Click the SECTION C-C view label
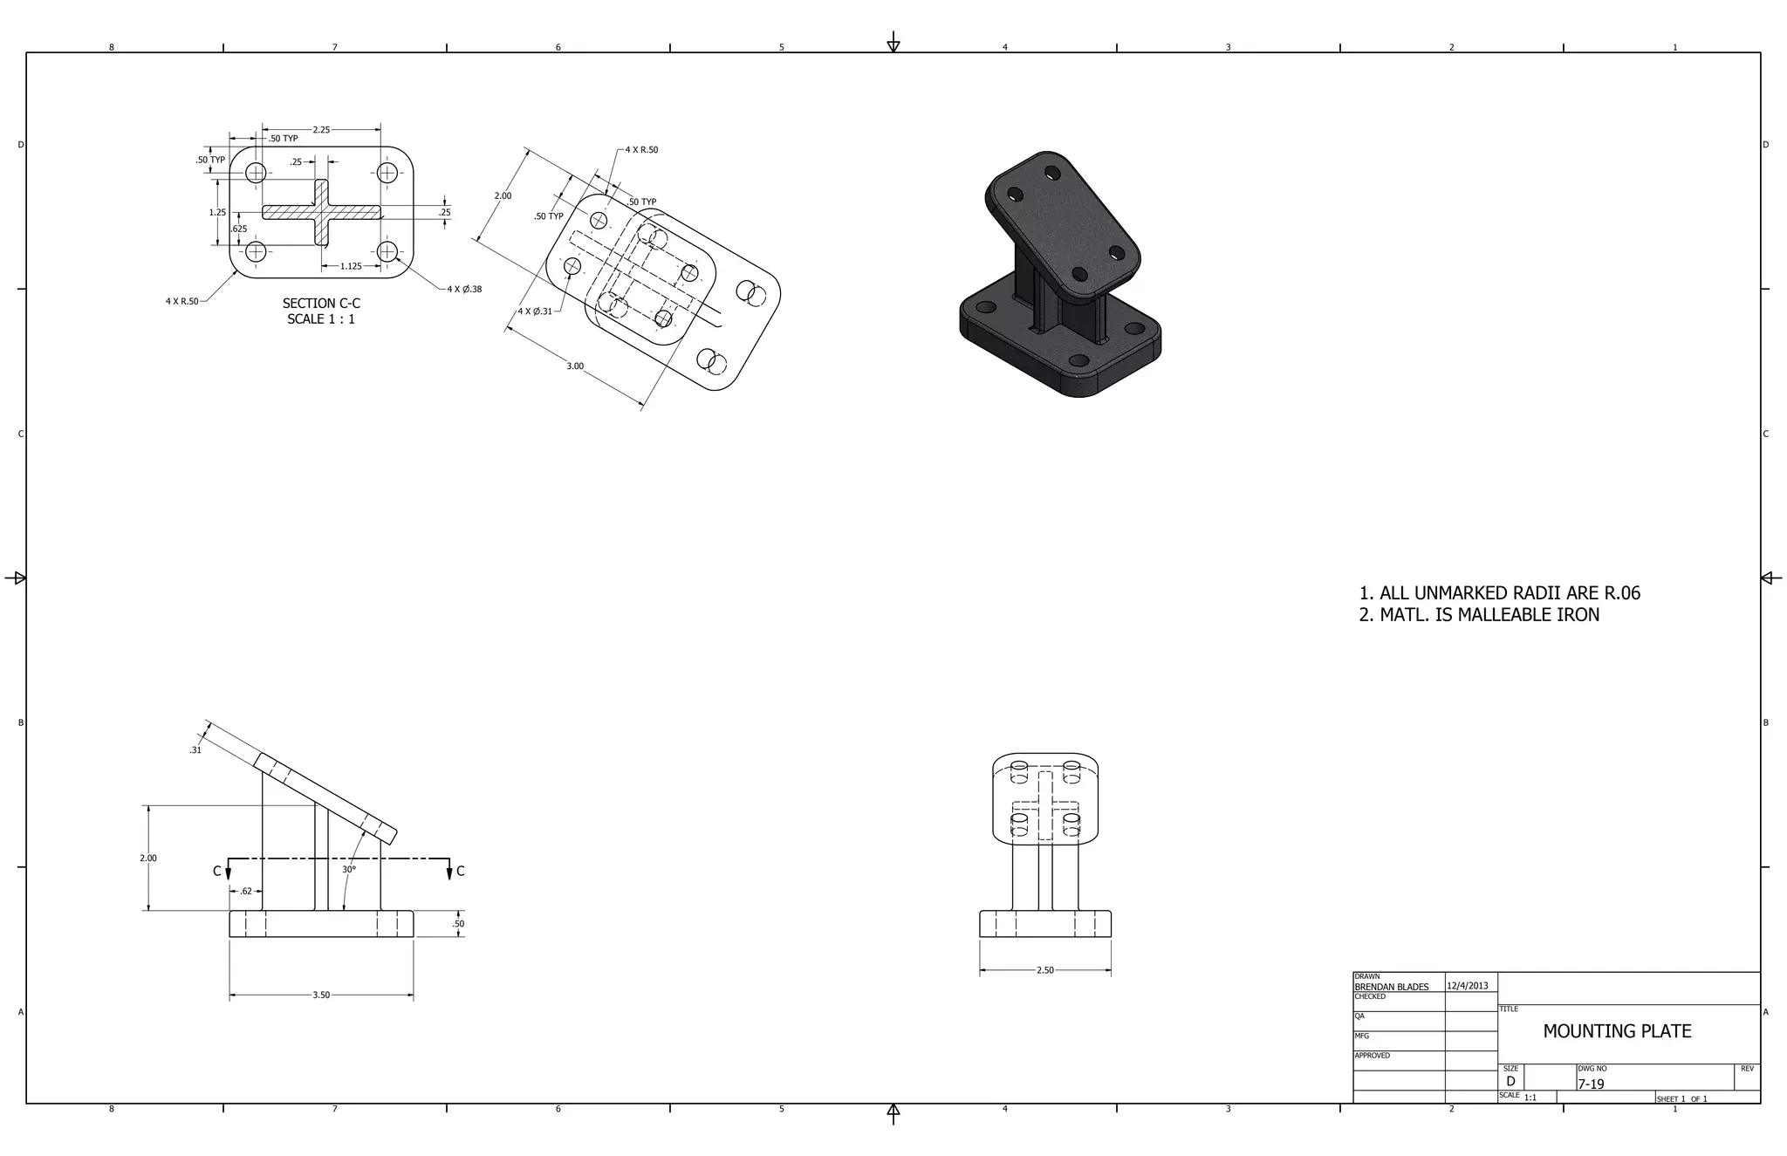click(321, 304)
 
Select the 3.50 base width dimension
click(321, 995)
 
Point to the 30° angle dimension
click(349, 870)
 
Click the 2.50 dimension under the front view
click(1044, 970)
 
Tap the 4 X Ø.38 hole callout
click(464, 289)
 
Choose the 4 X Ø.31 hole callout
click(535, 311)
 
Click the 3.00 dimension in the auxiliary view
click(575, 366)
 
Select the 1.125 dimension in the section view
click(351, 266)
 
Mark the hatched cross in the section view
click(321, 212)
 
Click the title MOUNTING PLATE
click(1617, 1031)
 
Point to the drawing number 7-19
click(1591, 1084)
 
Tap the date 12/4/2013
click(1468, 986)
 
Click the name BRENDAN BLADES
click(1392, 987)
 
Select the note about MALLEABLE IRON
click(1480, 615)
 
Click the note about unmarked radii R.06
click(1500, 593)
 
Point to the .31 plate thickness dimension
click(195, 750)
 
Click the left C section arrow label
click(217, 871)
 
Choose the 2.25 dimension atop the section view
click(321, 130)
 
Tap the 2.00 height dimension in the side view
click(148, 858)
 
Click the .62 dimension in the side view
click(246, 892)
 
